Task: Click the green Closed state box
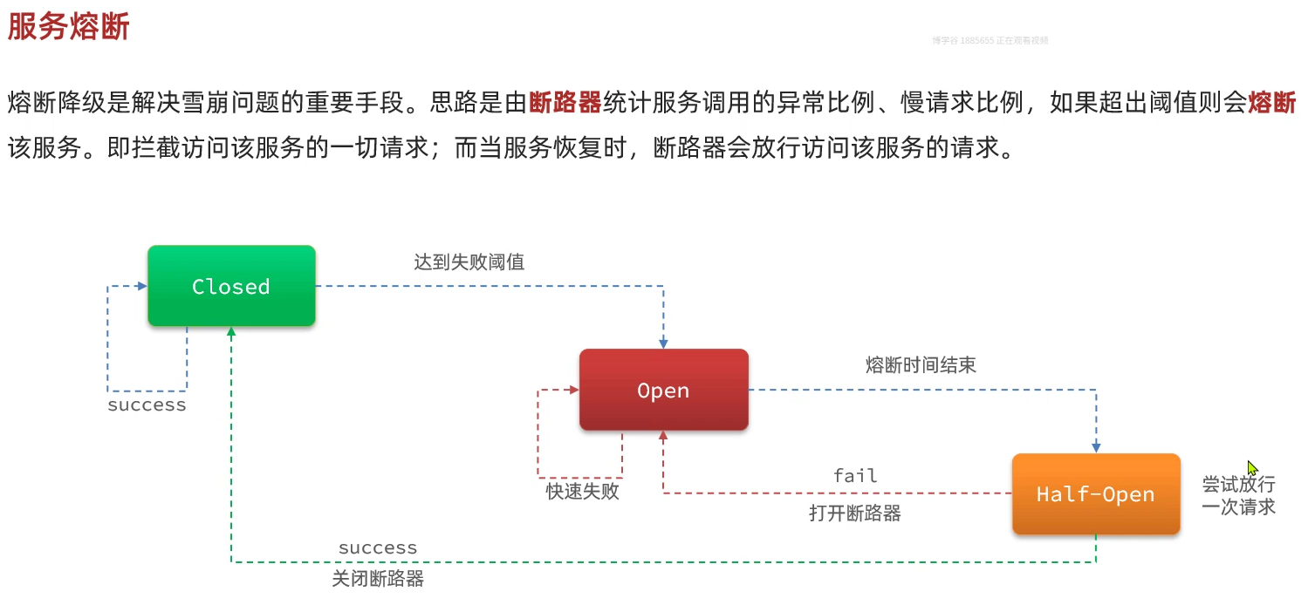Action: (231, 286)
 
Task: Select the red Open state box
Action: (663, 390)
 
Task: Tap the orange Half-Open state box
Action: (1095, 493)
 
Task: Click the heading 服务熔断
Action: (68, 26)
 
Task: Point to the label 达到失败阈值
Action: (469, 262)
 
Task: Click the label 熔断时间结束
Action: (921, 365)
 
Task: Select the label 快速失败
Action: (582, 492)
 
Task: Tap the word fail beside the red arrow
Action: (855, 476)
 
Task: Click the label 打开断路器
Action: (855, 513)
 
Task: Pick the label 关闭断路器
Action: (378, 579)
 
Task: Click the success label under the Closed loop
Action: (147, 405)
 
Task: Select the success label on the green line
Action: (378, 548)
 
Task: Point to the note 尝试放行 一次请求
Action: (1238, 495)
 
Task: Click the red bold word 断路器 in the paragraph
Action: (565, 103)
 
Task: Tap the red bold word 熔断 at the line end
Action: (1272, 103)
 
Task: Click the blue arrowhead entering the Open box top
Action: (663, 343)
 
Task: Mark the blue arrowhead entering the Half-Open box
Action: (1096, 447)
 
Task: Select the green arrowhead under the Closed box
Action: (231, 332)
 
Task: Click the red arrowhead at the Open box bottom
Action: (663, 436)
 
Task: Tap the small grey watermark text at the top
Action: (990, 40)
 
